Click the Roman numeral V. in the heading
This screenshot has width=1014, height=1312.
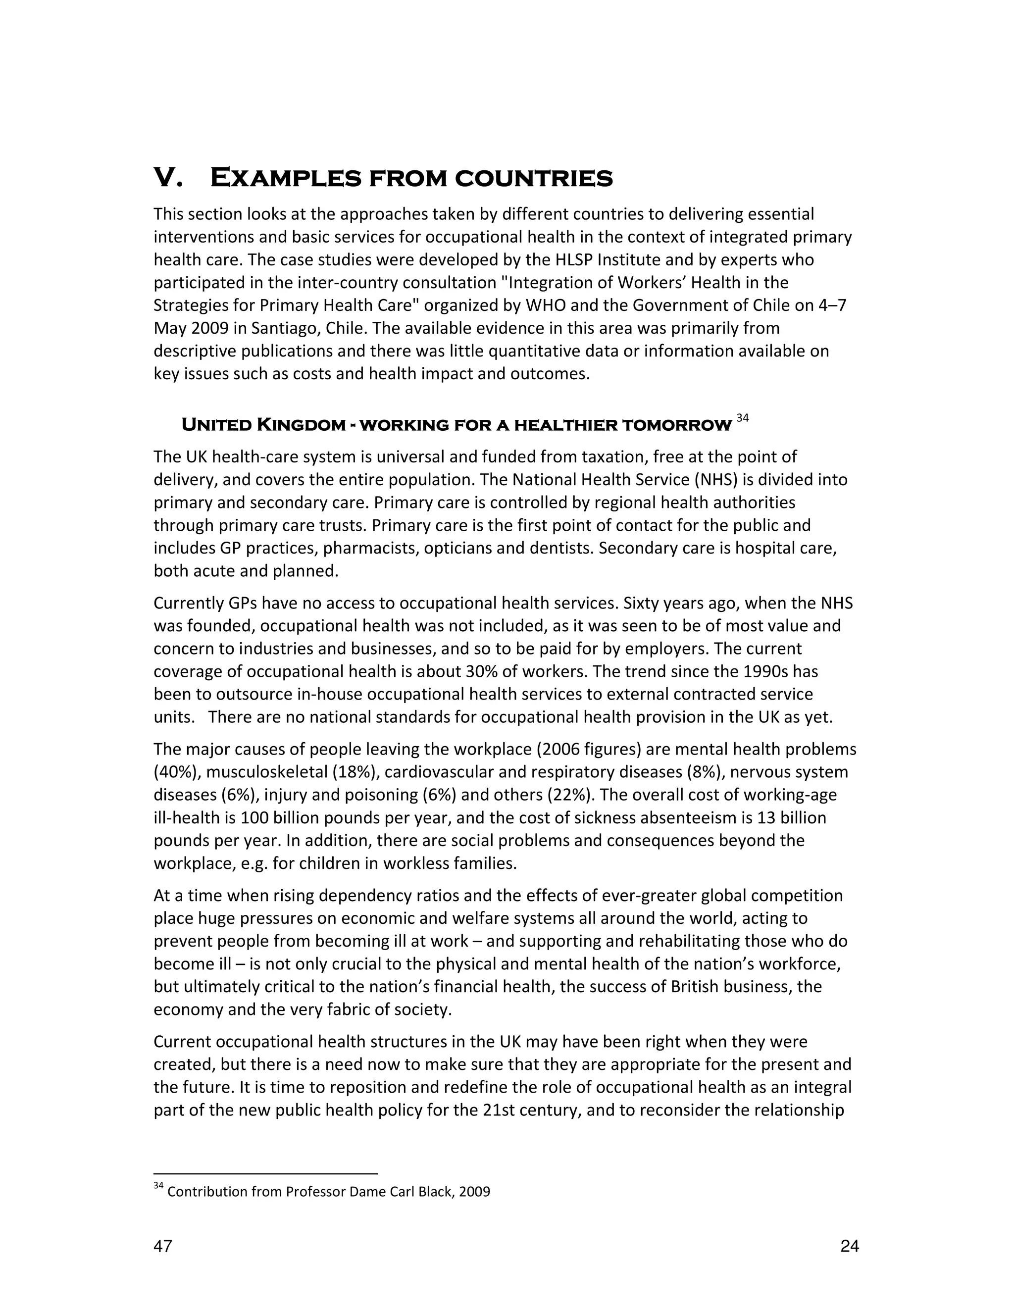[x=168, y=178]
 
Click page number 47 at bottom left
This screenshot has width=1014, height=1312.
[x=163, y=1247]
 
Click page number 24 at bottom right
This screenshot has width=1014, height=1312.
[x=850, y=1247]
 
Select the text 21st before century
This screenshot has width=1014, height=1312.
[x=498, y=1110]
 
